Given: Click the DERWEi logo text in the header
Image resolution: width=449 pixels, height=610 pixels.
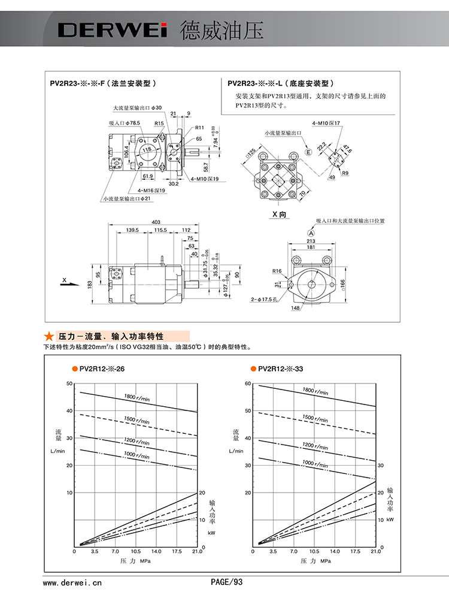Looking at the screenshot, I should [x=111, y=31].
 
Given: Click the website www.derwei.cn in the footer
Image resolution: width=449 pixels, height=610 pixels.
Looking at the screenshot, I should [x=72, y=581].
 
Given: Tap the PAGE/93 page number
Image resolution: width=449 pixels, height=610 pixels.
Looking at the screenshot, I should [x=226, y=581].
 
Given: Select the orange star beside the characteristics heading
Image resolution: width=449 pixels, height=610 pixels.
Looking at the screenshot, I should [x=47, y=336].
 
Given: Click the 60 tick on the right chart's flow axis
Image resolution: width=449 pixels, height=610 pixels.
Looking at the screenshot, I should [x=247, y=383].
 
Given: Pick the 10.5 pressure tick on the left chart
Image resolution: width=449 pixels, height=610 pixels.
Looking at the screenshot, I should [x=136, y=551].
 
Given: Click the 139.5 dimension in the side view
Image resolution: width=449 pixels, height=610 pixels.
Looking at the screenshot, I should [x=133, y=230].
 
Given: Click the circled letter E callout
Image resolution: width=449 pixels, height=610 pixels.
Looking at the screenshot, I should [x=309, y=152].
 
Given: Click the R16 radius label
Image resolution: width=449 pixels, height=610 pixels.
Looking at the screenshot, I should [x=277, y=271].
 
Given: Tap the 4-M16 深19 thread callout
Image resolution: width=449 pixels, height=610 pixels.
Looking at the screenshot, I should [x=151, y=190].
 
